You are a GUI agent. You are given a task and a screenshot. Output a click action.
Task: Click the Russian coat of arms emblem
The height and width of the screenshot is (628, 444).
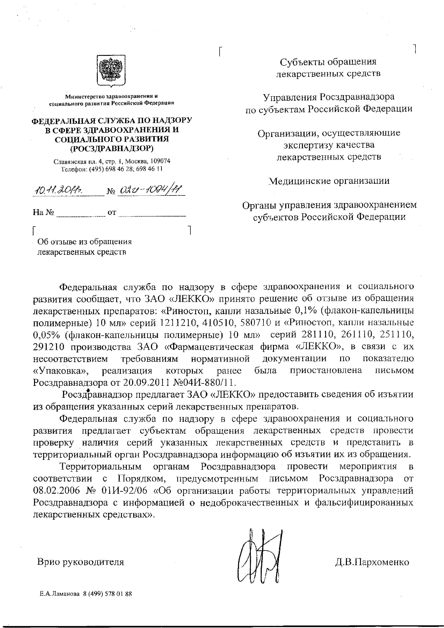112,71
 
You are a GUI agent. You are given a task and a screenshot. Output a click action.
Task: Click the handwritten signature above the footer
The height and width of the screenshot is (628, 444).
260,555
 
